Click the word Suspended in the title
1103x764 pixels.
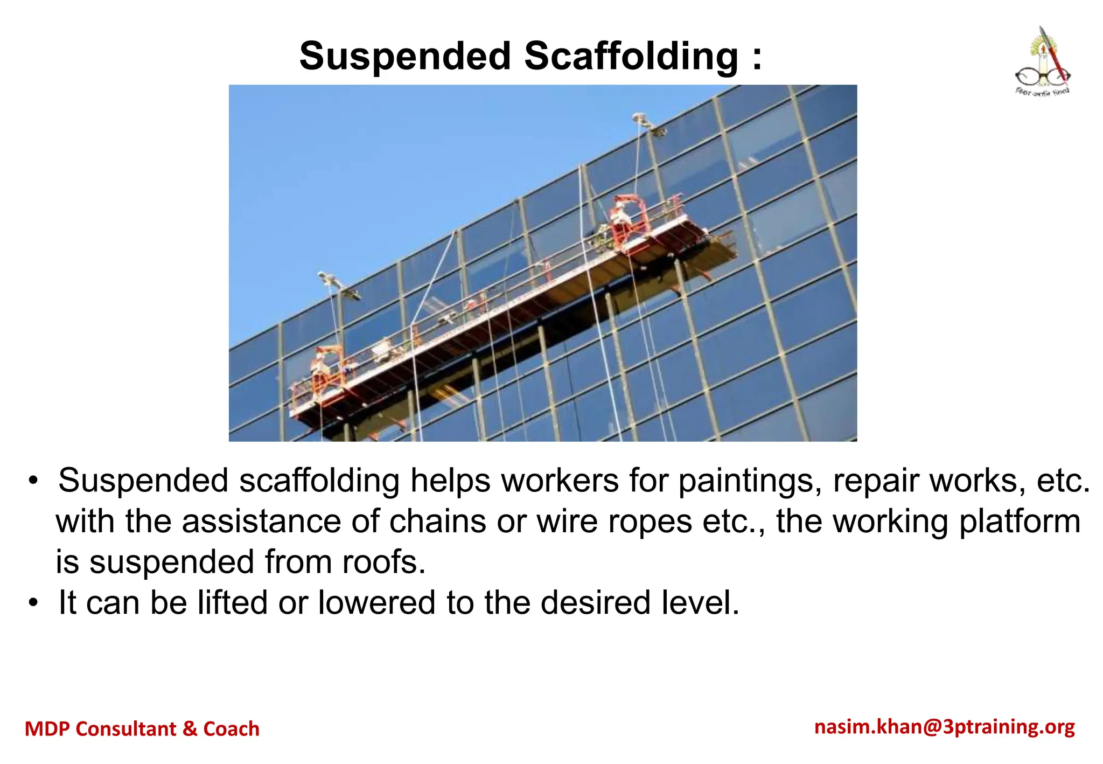[x=405, y=56]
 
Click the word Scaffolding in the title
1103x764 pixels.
[x=631, y=56]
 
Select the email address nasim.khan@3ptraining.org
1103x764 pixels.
[x=945, y=727]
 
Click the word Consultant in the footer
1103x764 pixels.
[x=126, y=729]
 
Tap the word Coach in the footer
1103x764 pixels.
[x=231, y=729]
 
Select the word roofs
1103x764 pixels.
[x=383, y=562]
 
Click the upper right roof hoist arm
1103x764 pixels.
[x=645, y=123]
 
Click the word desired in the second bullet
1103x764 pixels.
[x=596, y=602]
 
